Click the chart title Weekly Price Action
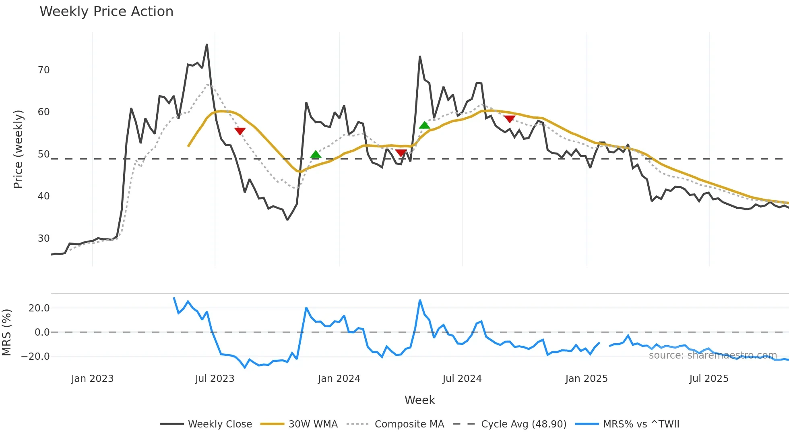click(x=106, y=12)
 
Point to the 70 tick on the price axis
click(x=43, y=70)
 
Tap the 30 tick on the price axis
click(x=43, y=239)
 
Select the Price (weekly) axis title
click(x=18, y=149)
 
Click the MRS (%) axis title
click(x=6, y=332)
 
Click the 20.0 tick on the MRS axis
click(x=39, y=308)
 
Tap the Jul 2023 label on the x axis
click(x=215, y=379)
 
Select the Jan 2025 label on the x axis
click(x=586, y=379)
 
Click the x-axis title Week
click(x=419, y=400)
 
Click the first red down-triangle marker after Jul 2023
click(x=240, y=131)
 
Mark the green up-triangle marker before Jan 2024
click(x=316, y=154)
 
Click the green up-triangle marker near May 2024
click(x=424, y=125)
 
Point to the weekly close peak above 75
click(x=207, y=45)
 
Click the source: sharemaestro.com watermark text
click(x=713, y=355)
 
